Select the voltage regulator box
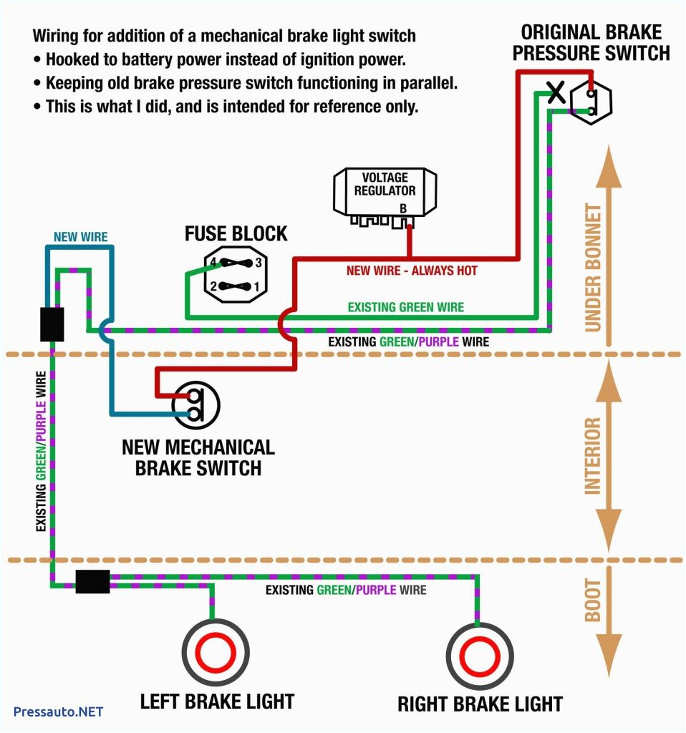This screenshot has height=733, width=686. click(385, 192)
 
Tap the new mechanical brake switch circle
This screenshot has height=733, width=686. click(196, 404)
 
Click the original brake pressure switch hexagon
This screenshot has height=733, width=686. click(590, 101)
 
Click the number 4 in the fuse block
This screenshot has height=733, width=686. click(212, 262)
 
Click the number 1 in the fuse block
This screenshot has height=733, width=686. click(256, 287)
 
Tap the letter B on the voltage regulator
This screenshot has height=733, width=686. click(403, 208)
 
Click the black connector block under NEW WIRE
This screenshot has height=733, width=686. click(52, 324)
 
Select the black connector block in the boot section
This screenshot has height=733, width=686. click(92, 581)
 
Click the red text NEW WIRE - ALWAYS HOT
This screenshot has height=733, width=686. click(411, 271)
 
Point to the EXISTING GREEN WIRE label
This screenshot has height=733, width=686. click(405, 307)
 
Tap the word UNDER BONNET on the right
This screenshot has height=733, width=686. click(593, 267)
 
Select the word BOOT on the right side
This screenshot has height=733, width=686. click(592, 608)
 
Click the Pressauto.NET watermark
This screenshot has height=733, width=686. click(59, 712)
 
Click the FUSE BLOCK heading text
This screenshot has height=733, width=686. click(236, 233)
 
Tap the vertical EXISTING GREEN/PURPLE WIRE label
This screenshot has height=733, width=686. click(42, 451)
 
